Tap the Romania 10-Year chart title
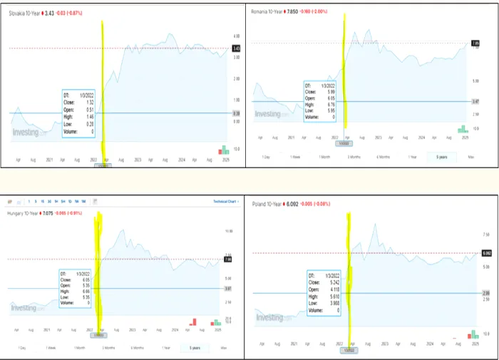[269, 11]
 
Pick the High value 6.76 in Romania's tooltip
[330, 104]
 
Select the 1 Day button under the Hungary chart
[22, 347]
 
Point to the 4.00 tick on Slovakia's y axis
[237, 35]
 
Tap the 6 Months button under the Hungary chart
[137, 347]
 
